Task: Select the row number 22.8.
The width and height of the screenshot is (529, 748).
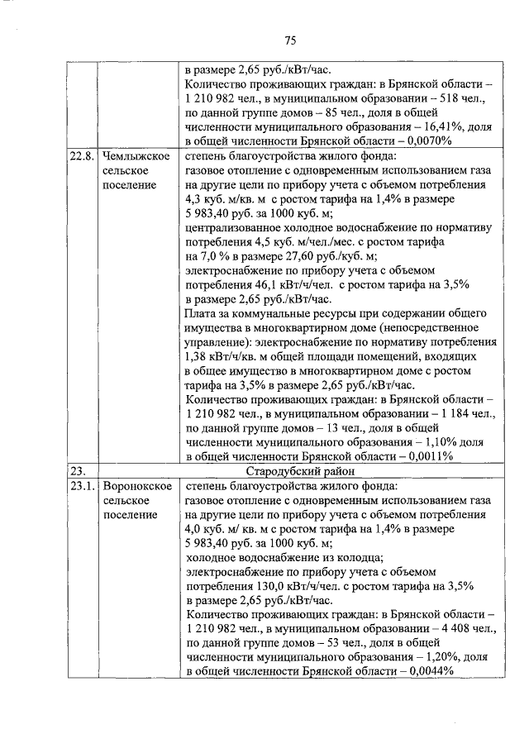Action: coord(82,156)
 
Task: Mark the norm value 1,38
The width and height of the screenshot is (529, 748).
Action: coord(199,356)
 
